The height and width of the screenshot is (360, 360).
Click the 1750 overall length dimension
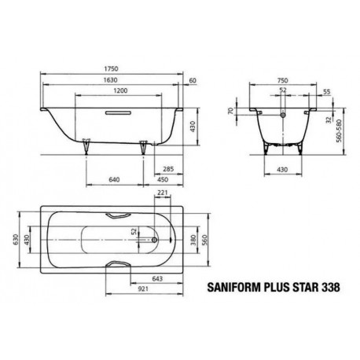(111, 68)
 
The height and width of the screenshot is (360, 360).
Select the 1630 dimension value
(110, 80)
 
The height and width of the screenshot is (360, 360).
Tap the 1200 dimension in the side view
(121, 90)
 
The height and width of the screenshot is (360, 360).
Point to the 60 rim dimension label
(193, 80)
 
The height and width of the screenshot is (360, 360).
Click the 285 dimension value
(168, 169)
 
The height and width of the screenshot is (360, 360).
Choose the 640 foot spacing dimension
(114, 179)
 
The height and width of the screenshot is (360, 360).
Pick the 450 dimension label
(163, 179)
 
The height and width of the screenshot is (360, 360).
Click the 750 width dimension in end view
(283, 80)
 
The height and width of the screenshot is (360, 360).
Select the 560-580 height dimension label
(340, 131)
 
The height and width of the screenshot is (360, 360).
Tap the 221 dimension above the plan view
(163, 193)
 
